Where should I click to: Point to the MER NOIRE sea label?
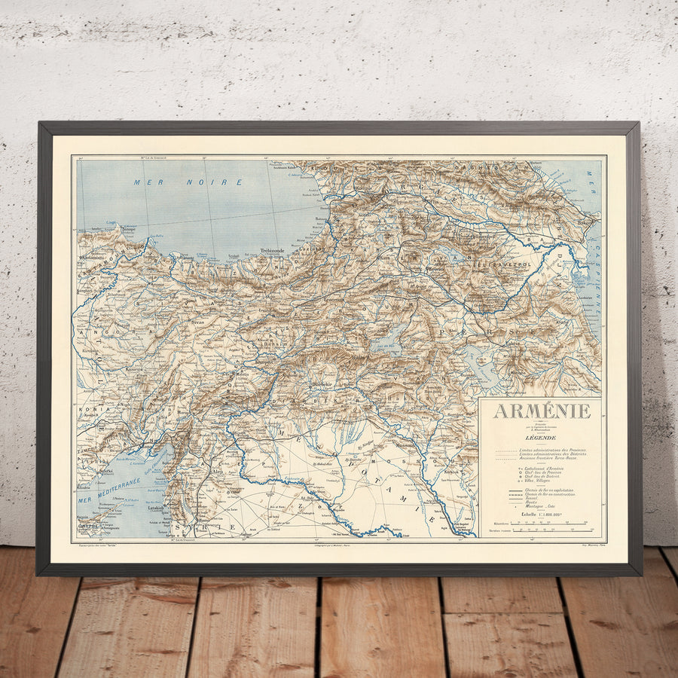click(188, 182)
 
